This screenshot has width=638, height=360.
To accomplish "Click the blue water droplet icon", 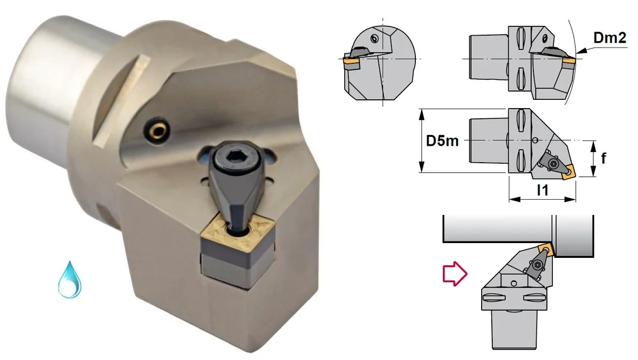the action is click(x=69, y=280).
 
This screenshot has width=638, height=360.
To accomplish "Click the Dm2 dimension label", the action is click(x=610, y=38).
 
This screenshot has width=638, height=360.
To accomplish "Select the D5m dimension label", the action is click(x=442, y=141).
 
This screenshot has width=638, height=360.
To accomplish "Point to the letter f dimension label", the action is click(x=603, y=158).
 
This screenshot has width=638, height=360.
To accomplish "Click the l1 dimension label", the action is click(x=542, y=190).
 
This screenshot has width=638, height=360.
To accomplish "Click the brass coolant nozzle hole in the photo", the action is click(x=157, y=128).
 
